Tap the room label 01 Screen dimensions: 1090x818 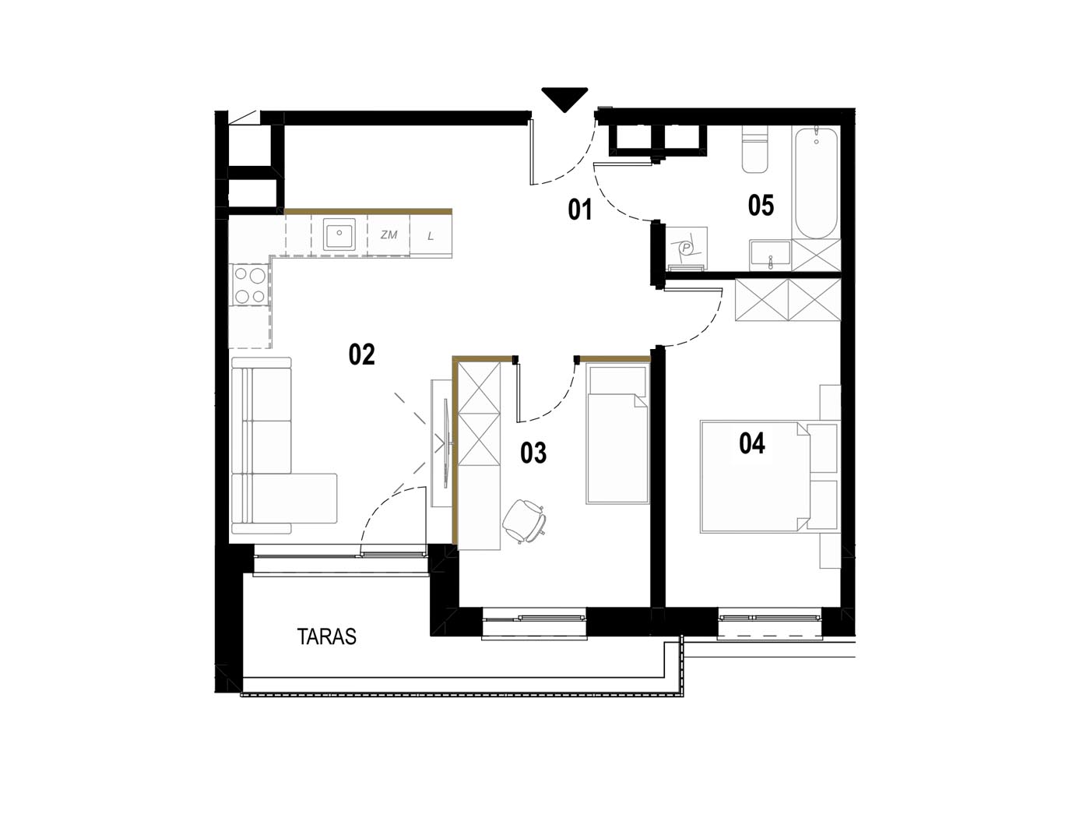coord(579,210)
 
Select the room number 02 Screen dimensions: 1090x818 coord(361,354)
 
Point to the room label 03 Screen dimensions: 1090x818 coord(533,453)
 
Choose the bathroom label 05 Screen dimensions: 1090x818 coord(761,206)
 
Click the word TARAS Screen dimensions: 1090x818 coord(327,636)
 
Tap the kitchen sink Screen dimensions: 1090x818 coord(339,234)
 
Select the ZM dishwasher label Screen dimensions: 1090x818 coord(389,234)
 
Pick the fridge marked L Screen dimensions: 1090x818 coord(431,236)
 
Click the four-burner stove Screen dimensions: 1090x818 coord(250,285)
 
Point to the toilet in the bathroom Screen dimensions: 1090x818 coord(754,149)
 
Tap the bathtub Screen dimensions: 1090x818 coord(817,182)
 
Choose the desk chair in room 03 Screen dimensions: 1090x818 coord(525,520)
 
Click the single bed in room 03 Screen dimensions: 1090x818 coord(617,434)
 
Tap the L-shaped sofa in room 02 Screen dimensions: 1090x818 coord(278,446)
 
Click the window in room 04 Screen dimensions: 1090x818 coord(770,622)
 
